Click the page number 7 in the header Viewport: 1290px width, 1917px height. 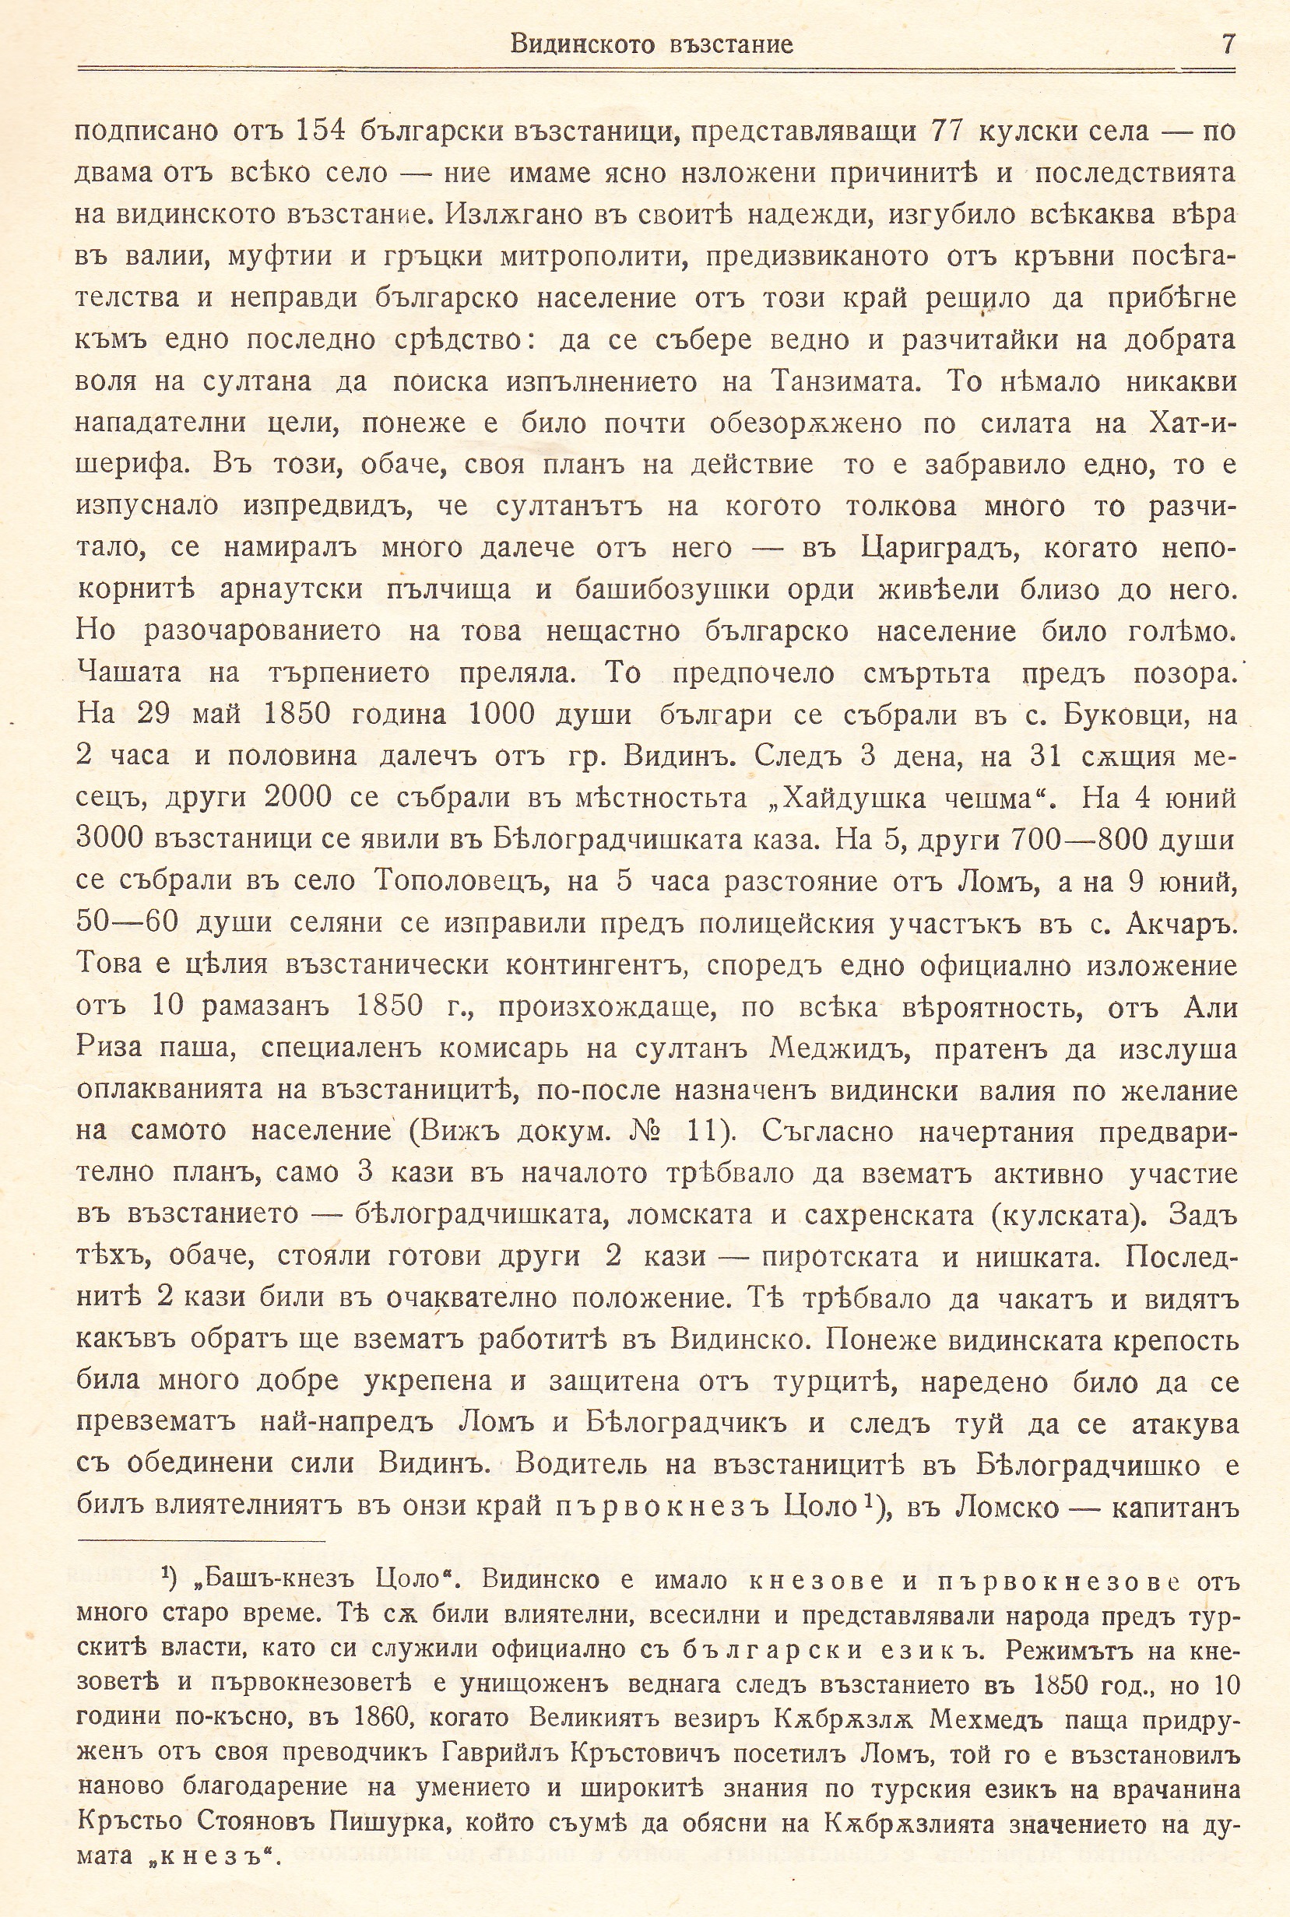point(1227,43)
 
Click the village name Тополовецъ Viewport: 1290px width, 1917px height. point(462,882)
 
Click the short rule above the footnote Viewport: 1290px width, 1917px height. point(202,1542)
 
